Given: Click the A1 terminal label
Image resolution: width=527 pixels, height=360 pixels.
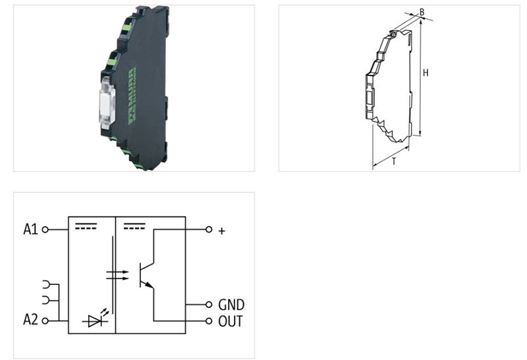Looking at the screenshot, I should (x=30, y=229).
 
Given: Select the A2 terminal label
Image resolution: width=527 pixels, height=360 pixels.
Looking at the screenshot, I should (x=30, y=320).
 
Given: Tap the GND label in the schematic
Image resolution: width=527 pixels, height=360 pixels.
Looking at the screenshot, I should (x=231, y=305).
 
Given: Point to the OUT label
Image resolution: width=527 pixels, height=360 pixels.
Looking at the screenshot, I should (x=231, y=321).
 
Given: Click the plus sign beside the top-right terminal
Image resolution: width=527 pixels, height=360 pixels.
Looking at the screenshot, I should (x=221, y=231).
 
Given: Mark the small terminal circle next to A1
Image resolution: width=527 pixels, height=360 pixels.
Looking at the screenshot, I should (x=45, y=229).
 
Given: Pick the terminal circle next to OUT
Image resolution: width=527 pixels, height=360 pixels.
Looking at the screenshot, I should (x=209, y=321).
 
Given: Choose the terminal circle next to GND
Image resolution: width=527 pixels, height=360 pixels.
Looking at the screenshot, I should (x=209, y=305).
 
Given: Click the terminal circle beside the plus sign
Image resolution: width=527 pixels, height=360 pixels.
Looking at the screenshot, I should (x=209, y=229).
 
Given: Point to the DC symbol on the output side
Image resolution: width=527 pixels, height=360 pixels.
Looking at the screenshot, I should (x=134, y=226).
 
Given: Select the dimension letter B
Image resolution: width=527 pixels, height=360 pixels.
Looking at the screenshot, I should (x=422, y=12).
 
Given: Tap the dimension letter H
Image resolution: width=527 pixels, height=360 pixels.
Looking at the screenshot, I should (x=426, y=73).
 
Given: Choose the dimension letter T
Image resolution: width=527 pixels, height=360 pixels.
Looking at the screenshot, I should (x=393, y=161).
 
